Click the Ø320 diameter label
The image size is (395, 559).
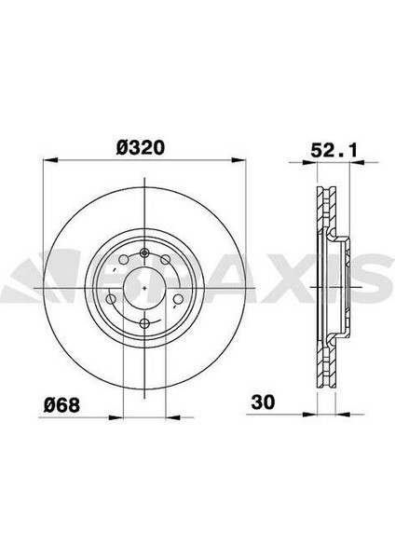140,147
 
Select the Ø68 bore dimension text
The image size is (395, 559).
61,405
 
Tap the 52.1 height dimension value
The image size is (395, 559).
334,150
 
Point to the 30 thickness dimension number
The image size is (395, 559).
263,402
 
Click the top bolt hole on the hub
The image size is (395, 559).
144,252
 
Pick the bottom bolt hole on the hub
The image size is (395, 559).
144,323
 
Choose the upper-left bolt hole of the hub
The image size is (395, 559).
123,260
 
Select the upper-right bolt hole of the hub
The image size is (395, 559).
165,260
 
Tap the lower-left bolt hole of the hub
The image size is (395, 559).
111,299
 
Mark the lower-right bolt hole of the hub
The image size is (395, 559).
177,299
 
